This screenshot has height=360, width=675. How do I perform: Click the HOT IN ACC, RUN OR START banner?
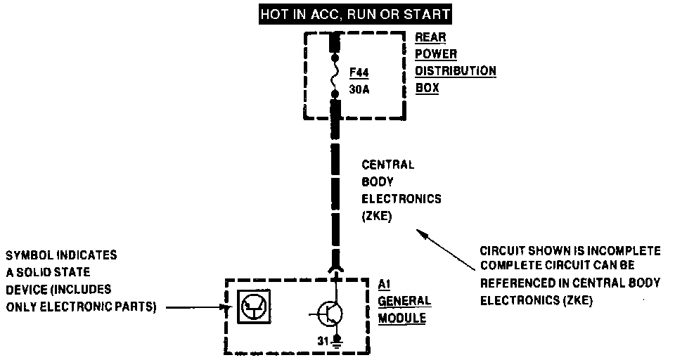[x=355, y=13]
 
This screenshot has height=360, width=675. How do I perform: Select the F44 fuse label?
[x=359, y=72]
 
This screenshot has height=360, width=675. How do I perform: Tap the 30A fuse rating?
[x=359, y=89]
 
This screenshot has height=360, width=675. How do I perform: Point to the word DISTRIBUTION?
[x=455, y=71]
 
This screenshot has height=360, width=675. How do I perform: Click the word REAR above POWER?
[x=430, y=37]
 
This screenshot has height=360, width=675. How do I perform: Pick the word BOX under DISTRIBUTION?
[x=427, y=89]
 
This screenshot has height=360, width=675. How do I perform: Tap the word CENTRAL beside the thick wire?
[x=387, y=165]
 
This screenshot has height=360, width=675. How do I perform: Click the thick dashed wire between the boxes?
[x=336, y=190]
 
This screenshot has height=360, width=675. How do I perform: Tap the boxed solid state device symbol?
[x=252, y=307]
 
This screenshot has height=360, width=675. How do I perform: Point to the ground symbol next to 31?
[x=337, y=342]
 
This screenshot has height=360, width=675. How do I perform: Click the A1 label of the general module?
[x=385, y=284]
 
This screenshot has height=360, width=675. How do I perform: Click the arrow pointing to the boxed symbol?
[x=197, y=307]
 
